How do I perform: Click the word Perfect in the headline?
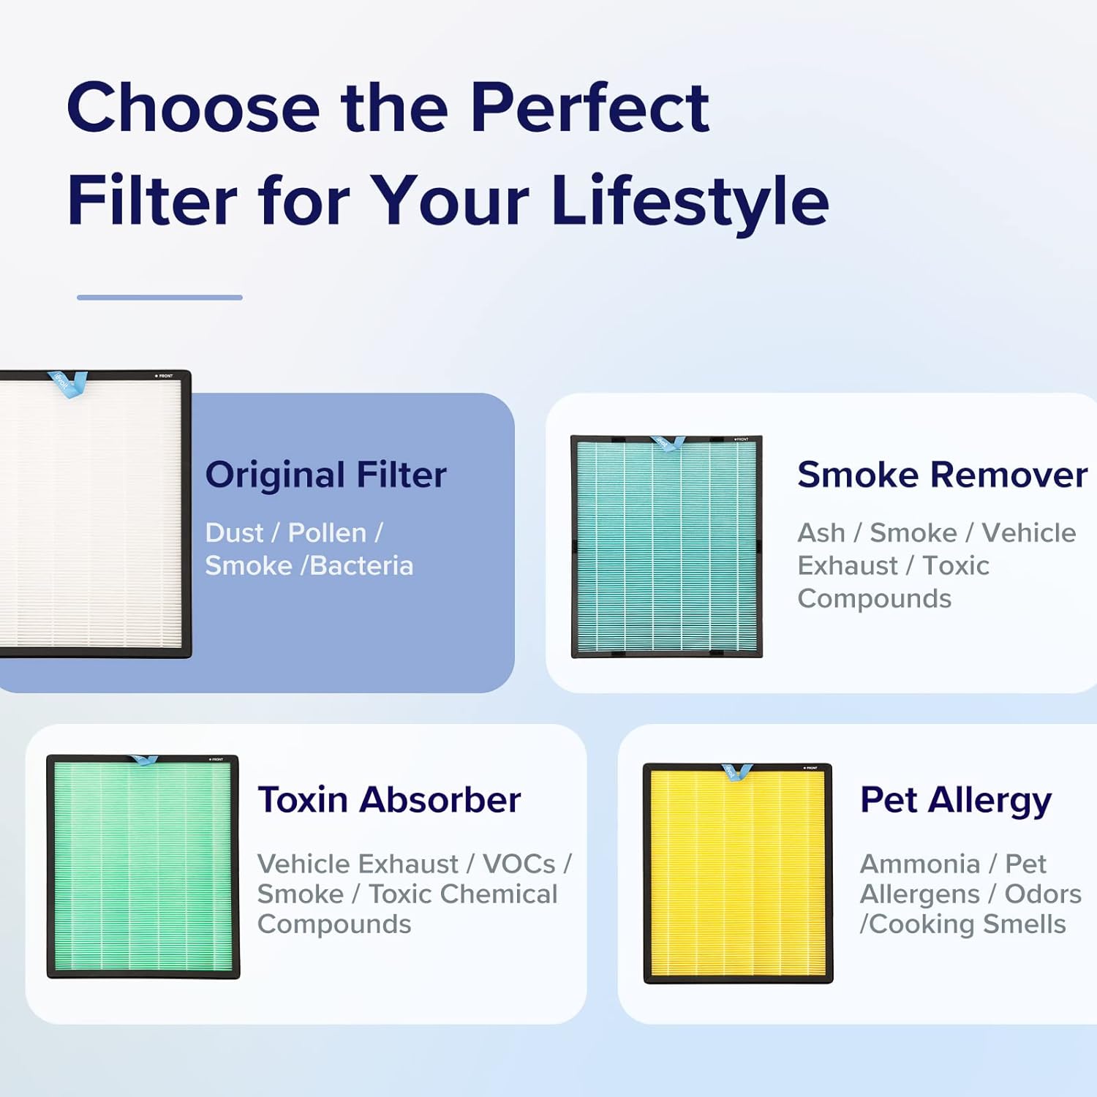tap(589, 108)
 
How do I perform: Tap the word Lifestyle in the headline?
tap(690, 201)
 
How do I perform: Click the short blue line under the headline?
tap(159, 298)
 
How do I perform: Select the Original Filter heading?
tap(325, 475)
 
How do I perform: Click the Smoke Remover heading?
tap(942, 475)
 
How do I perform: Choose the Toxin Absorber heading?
tap(389, 800)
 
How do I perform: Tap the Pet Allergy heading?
tap(956, 800)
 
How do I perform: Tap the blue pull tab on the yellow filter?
tap(735, 772)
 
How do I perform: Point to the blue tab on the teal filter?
tap(667, 443)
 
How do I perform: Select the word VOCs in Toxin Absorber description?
tap(519, 864)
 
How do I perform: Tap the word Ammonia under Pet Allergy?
tap(919, 864)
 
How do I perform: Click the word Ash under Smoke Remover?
tap(821, 533)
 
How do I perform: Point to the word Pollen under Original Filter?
tap(327, 533)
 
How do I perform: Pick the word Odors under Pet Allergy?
tap(1042, 894)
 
